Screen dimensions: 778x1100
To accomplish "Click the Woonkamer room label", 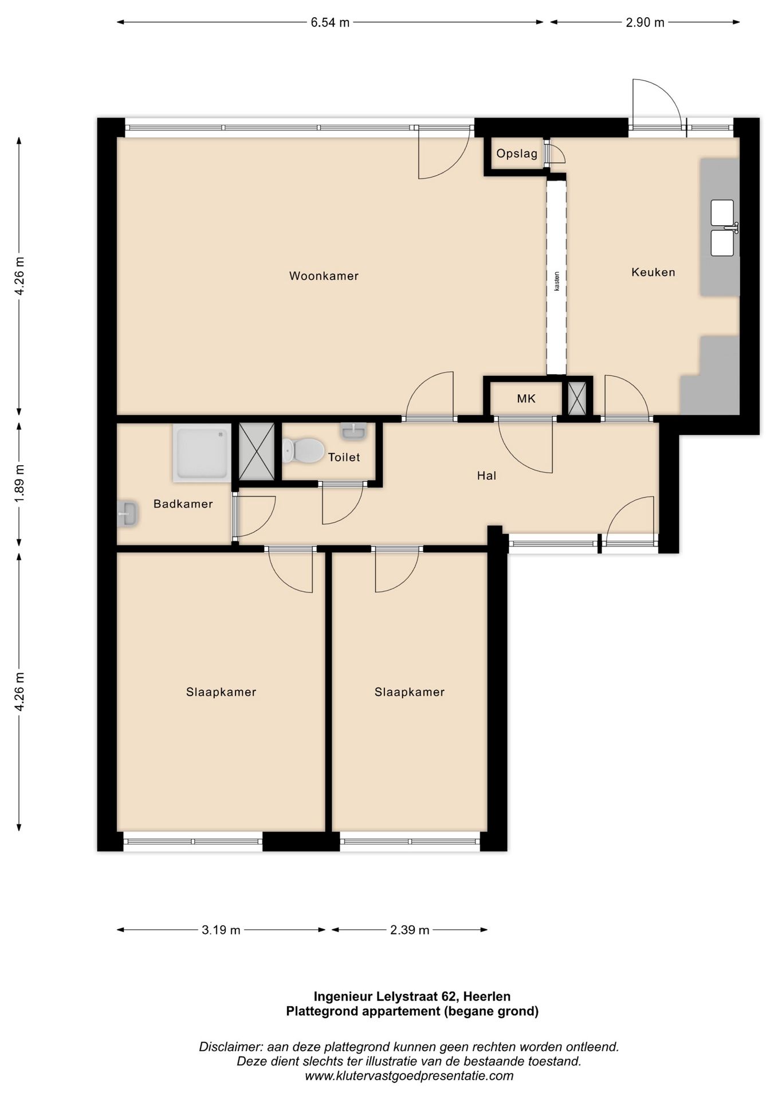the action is click(324, 276).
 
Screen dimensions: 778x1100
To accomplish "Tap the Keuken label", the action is click(653, 272).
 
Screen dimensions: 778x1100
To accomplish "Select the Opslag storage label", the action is click(517, 154).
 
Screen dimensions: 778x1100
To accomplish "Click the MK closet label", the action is click(526, 398).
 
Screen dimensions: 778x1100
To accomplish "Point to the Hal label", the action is click(486, 476).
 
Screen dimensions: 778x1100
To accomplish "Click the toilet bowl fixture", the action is click(303, 450).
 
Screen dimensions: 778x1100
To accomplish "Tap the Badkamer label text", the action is click(183, 504).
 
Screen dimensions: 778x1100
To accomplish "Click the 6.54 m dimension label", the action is click(330, 23).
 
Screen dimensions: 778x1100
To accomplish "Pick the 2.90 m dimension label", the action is click(645, 23).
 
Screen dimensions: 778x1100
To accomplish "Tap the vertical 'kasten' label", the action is click(556, 281).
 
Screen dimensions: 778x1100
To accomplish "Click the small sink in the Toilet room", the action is click(353, 431).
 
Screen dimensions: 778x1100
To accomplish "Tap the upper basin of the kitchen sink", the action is click(722, 213).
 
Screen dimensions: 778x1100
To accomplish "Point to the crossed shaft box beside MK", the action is click(577, 399).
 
